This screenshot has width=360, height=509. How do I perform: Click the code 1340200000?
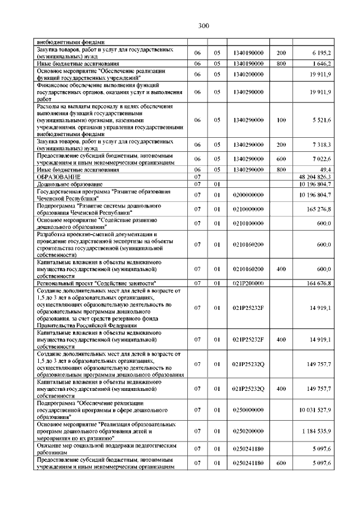(247, 74)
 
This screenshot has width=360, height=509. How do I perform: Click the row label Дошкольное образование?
(70, 184)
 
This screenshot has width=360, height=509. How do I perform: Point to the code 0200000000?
(247, 195)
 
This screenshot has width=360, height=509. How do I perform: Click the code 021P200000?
(247, 283)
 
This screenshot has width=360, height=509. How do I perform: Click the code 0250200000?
(247, 431)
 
